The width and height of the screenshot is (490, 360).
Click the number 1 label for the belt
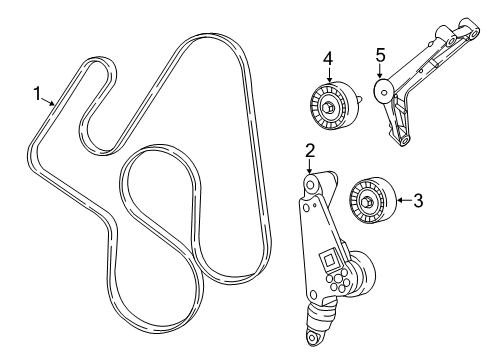tap(37, 96)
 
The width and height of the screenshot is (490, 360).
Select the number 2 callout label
tap(311, 152)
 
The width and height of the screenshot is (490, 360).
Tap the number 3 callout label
tap(418, 201)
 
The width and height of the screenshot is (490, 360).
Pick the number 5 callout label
tap(380, 56)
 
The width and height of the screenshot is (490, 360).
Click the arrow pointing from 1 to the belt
tap(49, 102)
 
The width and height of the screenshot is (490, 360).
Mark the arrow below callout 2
tap(311, 167)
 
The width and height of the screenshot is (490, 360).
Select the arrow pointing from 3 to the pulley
tap(401, 201)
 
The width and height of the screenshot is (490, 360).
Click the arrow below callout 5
tap(380, 75)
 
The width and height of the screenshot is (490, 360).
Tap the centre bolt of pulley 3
tap(368, 204)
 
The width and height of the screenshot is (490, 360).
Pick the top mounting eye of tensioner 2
tap(311, 185)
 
